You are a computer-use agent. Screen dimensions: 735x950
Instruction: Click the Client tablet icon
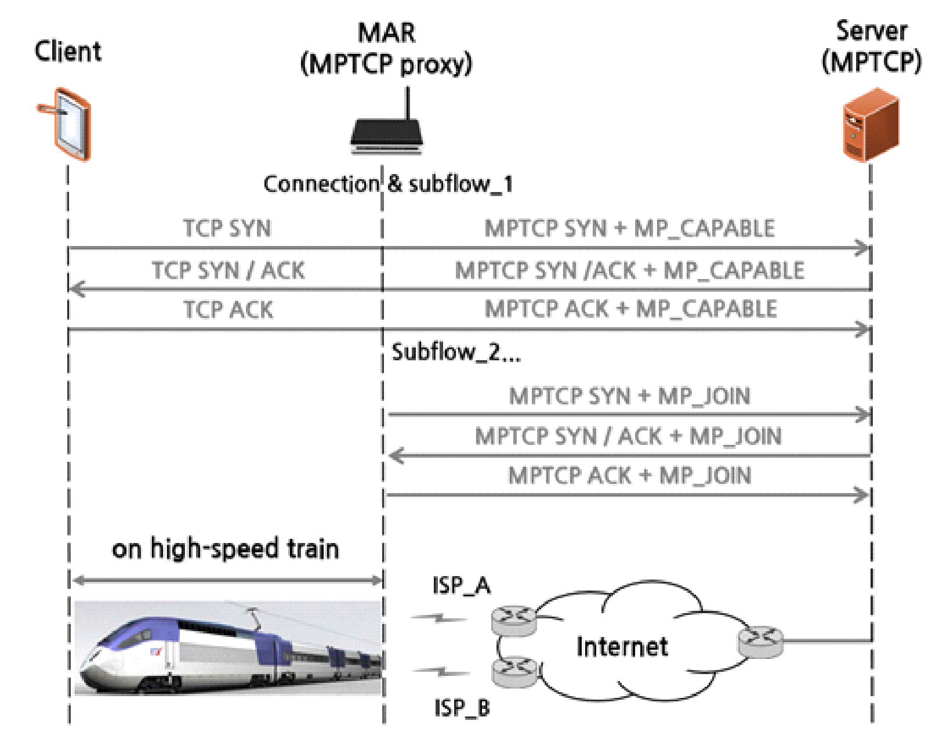click(68, 124)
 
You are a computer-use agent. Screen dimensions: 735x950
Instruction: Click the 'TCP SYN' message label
click(227, 229)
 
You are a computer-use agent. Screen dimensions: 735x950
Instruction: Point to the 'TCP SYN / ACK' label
click(227, 270)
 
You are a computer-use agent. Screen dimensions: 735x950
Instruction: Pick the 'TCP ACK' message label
click(228, 310)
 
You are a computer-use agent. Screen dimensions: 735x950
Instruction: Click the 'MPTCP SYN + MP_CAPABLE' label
click(629, 229)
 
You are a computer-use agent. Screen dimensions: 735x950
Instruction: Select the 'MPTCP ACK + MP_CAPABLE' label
click(630, 309)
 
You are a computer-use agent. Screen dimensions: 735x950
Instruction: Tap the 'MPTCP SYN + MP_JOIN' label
click(629, 396)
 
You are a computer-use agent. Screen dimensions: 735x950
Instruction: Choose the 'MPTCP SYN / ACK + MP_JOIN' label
click(628, 436)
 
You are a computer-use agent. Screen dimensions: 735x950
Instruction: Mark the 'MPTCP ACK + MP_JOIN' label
click(629, 476)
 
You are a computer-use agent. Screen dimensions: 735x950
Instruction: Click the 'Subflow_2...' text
click(456, 352)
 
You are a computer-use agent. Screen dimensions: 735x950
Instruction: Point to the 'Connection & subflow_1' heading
click(387, 184)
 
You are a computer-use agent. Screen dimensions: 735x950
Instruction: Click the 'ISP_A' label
click(461, 586)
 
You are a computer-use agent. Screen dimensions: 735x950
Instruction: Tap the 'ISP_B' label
click(462, 708)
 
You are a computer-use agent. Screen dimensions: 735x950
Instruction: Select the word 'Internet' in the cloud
click(622, 646)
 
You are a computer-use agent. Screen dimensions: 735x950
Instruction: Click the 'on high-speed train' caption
click(225, 549)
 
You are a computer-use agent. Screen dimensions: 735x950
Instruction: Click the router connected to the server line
click(760, 642)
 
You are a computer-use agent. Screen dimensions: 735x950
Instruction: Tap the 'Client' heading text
click(68, 51)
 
